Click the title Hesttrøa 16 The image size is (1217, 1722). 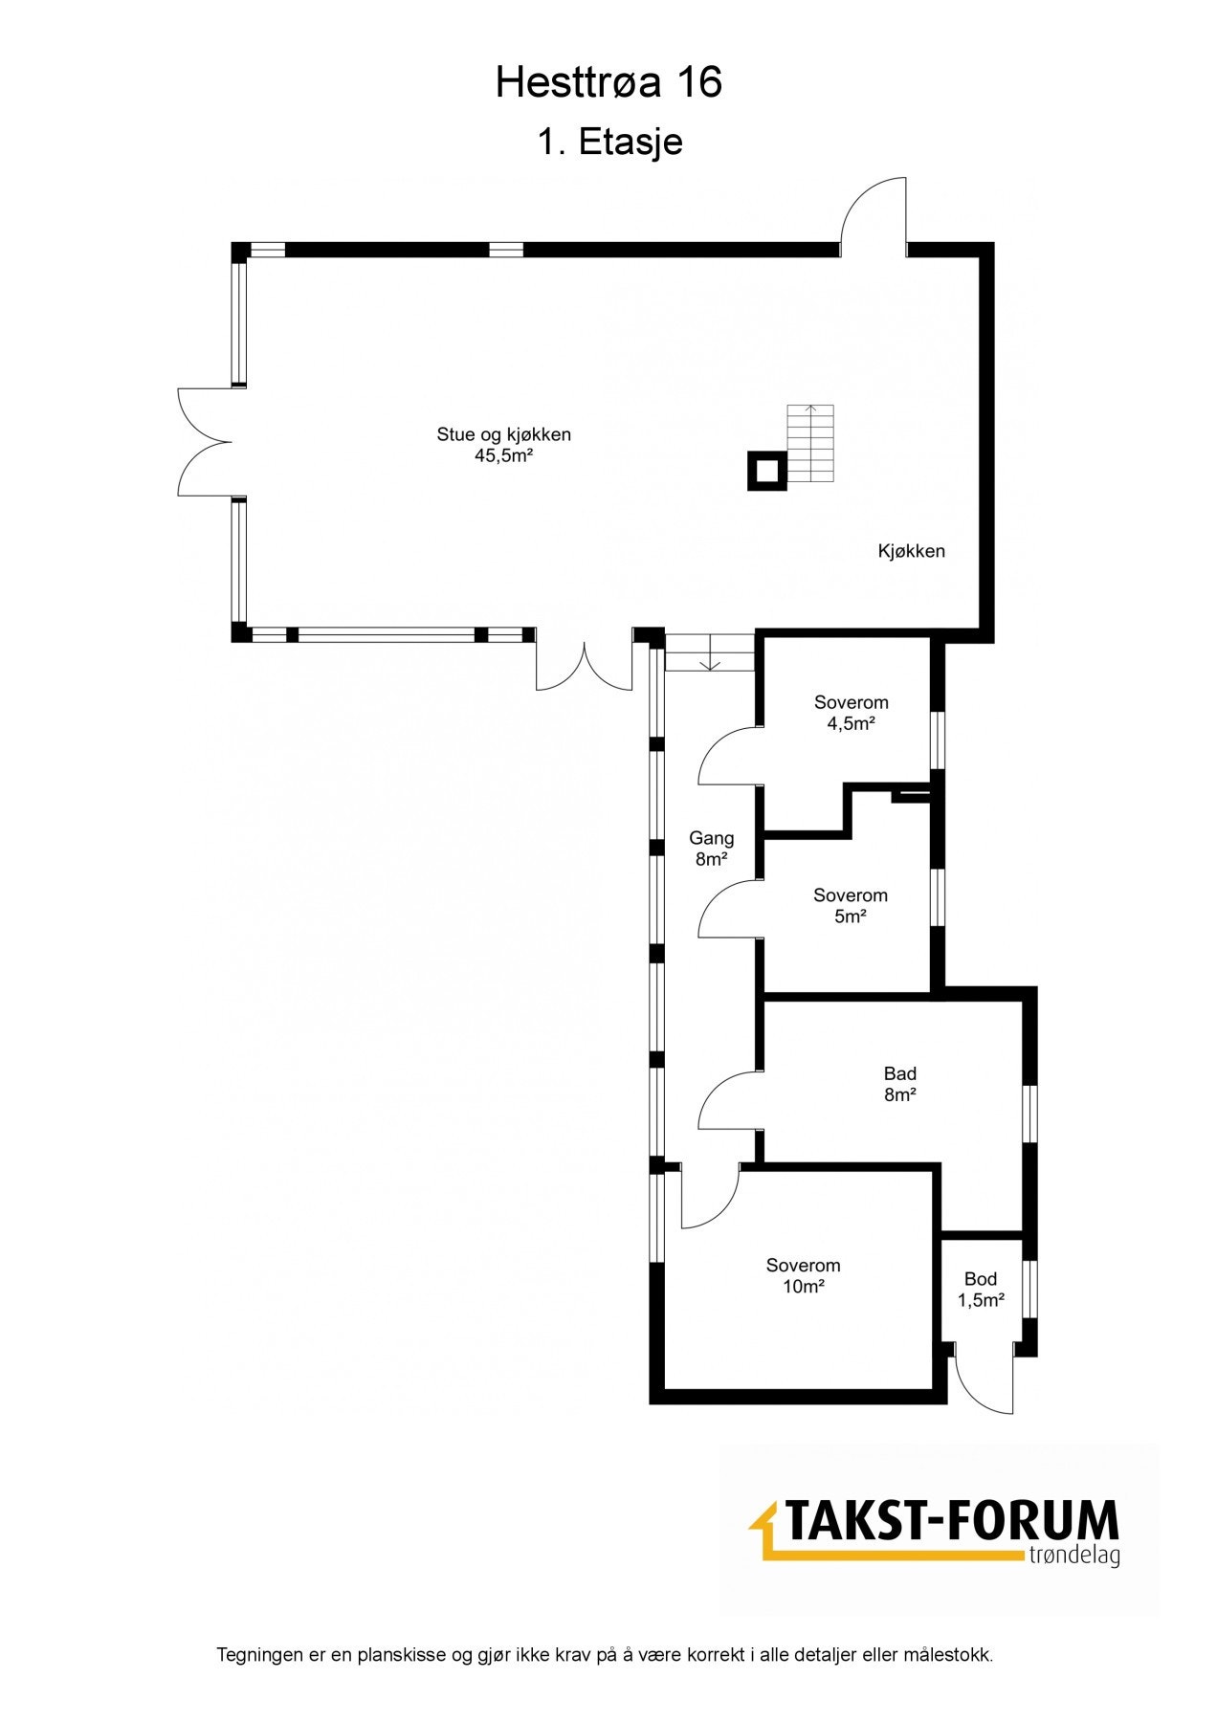coord(608,84)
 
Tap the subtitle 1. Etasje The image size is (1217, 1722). coord(609,143)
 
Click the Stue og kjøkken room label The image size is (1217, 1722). coord(503,434)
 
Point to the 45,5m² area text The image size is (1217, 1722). coord(503,456)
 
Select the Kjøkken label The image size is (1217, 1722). coord(911,551)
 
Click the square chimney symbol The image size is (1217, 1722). coord(767,472)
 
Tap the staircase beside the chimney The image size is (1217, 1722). coord(810,443)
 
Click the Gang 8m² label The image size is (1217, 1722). coord(712,849)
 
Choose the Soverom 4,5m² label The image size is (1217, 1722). coord(851,713)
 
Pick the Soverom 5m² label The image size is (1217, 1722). coord(850,906)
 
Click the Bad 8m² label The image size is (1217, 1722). coord(899,1084)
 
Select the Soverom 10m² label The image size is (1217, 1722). coord(803,1276)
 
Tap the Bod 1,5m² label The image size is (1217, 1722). coord(981,1289)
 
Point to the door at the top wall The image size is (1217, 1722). coord(874,218)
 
